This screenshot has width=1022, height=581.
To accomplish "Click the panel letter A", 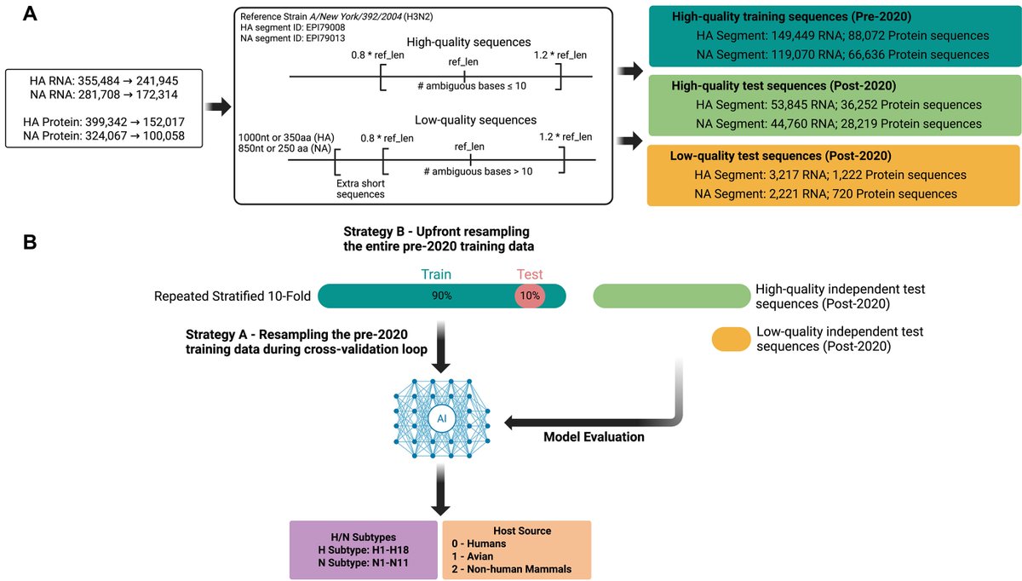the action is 30,14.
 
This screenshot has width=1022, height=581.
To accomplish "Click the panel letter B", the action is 30,242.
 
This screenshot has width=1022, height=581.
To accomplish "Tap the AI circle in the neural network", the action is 442,418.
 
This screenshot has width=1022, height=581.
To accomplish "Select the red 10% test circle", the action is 530,296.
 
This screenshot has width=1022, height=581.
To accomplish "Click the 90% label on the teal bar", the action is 442,296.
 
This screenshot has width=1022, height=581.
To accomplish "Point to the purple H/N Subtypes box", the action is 363,550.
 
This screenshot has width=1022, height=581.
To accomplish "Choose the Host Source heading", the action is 522,531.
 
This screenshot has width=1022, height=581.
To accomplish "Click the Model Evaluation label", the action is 594,437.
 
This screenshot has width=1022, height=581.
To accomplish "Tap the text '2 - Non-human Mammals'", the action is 512,569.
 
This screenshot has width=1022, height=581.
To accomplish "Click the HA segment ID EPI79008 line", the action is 292,27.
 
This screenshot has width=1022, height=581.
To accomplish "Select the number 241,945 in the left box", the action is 157,81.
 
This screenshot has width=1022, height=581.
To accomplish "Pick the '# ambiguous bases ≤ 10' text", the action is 472,86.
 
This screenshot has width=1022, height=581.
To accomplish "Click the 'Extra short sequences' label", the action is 360,188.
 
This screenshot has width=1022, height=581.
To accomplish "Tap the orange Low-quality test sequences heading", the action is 780,156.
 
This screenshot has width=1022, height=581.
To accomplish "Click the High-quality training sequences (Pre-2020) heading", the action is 791,16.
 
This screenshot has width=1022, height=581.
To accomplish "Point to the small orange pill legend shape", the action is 731,339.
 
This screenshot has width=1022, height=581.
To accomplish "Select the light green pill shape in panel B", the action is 672,296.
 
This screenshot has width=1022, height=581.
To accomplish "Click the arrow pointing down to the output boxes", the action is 441,490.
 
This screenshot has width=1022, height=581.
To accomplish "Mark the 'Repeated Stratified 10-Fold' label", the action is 233,296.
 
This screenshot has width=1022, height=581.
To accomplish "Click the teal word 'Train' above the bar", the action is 436,274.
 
